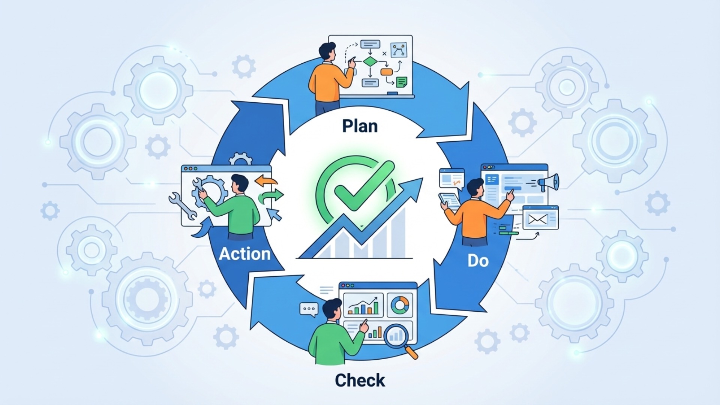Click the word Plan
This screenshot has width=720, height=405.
[360, 126]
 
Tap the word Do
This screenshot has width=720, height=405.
[478, 261]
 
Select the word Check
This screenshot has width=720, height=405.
[360, 380]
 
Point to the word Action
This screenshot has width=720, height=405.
[244, 254]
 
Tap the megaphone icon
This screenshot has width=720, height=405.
[548, 182]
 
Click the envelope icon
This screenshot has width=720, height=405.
[537, 219]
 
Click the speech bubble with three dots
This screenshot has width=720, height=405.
[309, 309]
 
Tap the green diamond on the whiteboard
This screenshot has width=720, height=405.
[370, 61]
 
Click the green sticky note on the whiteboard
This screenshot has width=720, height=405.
[402, 82]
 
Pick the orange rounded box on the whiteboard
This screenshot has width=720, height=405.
[386, 72]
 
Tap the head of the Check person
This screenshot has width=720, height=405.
[332, 309]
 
